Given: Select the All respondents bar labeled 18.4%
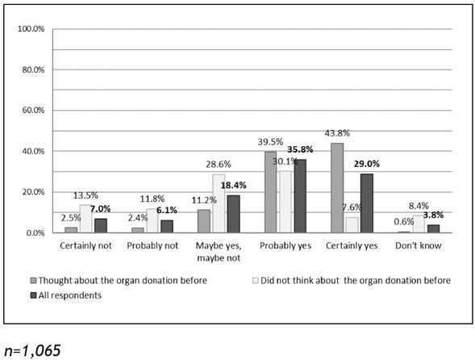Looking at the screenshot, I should tap(232, 214).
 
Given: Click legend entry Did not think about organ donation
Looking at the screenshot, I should tap(350, 280).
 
